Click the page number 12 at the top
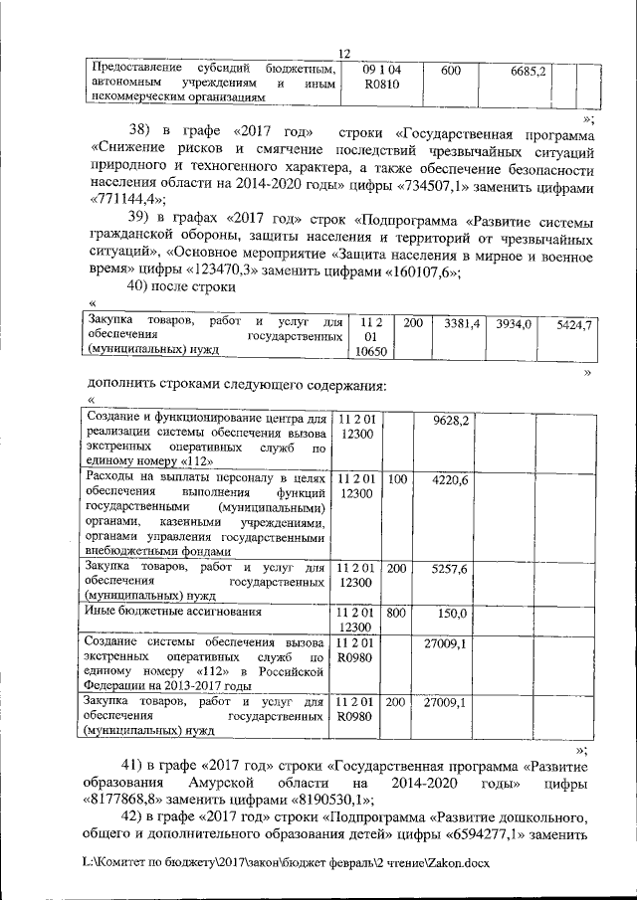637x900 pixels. pyautogui.click(x=344, y=53)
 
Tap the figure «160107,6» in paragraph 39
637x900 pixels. pyautogui.click(x=419, y=270)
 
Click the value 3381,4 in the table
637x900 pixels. pyautogui.click(x=462, y=324)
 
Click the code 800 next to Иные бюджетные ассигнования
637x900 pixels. pyautogui.click(x=397, y=613)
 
